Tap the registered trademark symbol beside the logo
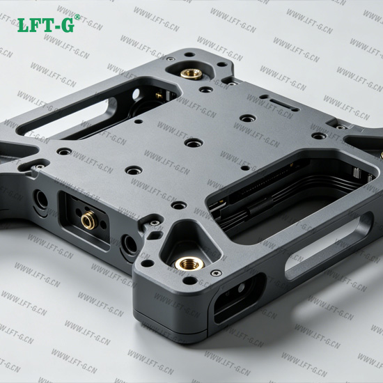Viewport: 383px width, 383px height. click(x=77, y=17)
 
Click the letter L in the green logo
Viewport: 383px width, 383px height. click(x=24, y=25)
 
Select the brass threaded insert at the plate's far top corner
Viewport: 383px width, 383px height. click(x=191, y=73)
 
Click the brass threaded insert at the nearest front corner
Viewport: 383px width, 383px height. click(x=190, y=263)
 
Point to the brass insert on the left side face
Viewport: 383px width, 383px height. click(x=89, y=220)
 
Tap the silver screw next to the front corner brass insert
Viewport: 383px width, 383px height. click(x=217, y=273)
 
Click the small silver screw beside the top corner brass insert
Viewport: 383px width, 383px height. click(x=170, y=59)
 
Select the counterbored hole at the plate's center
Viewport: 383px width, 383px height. click(x=194, y=143)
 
